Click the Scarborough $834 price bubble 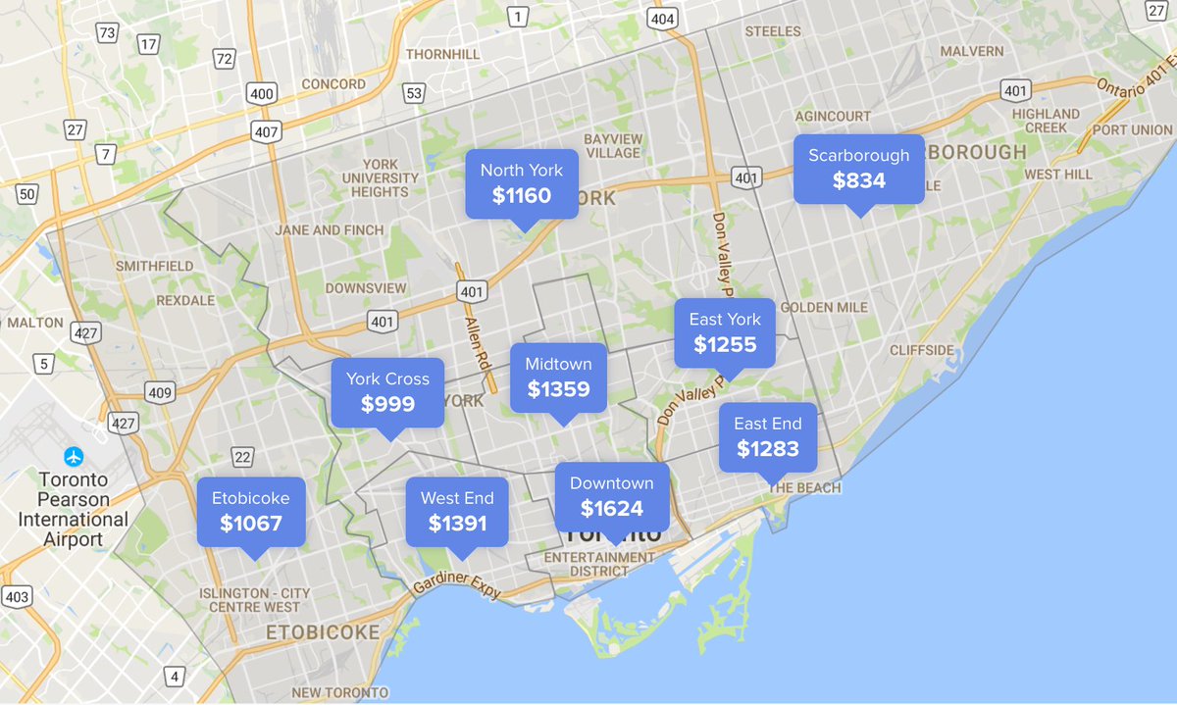point(858,169)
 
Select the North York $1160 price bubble point(521,183)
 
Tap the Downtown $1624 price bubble point(611,496)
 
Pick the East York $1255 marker point(725,332)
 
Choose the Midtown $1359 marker point(558,377)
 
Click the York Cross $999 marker point(387,391)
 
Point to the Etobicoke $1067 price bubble point(251,511)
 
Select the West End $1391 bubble point(457,511)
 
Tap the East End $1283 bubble point(767,436)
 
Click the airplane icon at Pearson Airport point(74,456)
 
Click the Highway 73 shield point(107,34)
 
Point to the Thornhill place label point(441,53)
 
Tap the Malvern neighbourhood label point(971,51)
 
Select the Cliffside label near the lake point(921,350)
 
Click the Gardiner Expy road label point(457,586)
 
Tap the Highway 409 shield point(160,392)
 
